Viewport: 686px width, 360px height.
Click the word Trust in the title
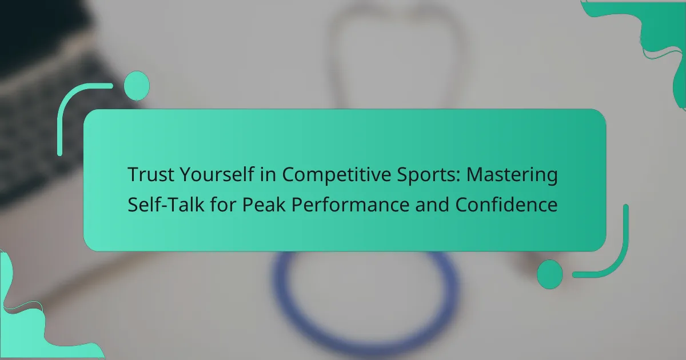click(151, 174)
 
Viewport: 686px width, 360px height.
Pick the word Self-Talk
click(166, 204)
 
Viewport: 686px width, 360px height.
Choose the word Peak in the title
click(264, 204)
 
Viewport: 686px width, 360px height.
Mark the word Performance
click(350, 204)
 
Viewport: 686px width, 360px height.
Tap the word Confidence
click(506, 204)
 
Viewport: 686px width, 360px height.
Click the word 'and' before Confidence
click(432, 204)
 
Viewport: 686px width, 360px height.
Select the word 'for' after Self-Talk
click(223, 204)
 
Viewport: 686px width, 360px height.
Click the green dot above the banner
click(137, 86)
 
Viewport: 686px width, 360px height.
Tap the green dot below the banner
click(550, 274)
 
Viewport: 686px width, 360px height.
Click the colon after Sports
click(458, 177)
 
